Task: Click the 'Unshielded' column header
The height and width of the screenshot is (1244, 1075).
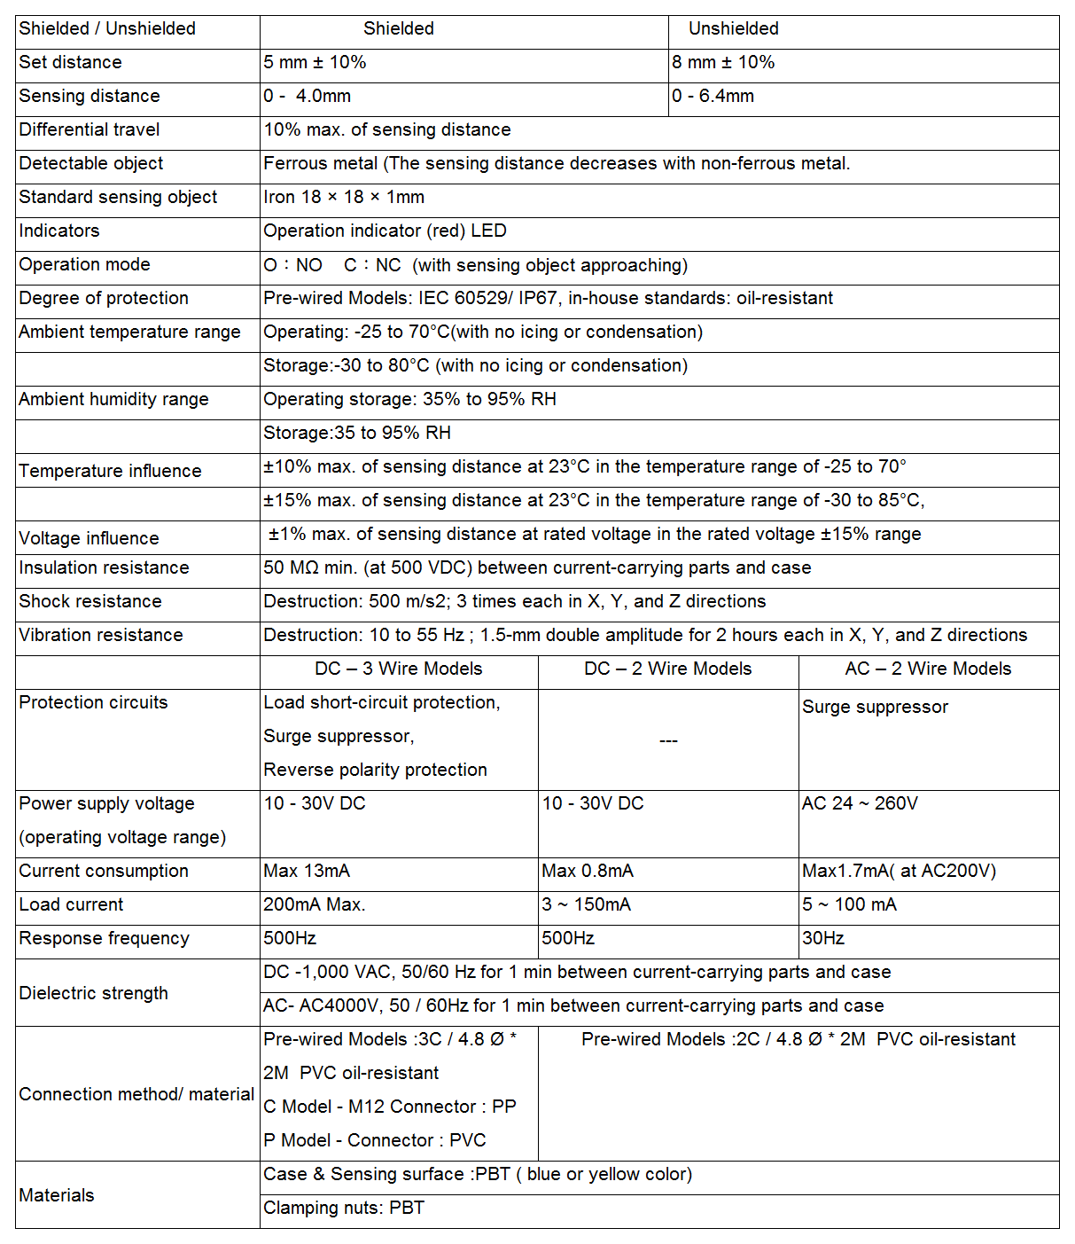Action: pyautogui.click(x=733, y=28)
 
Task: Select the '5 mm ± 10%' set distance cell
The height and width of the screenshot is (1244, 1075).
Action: pyautogui.click(x=315, y=62)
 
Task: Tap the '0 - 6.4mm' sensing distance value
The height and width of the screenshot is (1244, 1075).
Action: pyautogui.click(x=713, y=96)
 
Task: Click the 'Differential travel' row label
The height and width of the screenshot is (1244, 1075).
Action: pyautogui.click(x=90, y=129)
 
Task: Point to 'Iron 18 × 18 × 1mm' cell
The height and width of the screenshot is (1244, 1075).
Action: pyautogui.click(x=344, y=197)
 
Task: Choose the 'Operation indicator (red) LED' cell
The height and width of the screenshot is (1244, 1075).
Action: pyautogui.click(x=385, y=231)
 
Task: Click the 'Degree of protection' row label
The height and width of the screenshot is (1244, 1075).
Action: pyautogui.click(x=104, y=298)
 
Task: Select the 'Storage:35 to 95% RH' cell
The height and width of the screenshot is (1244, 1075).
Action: pyautogui.click(x=357, y=433)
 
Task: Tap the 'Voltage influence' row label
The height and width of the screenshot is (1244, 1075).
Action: pyautogui.click(x=89, y=538)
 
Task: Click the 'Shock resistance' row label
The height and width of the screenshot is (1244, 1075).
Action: pyautogui.click(x=90, y=601)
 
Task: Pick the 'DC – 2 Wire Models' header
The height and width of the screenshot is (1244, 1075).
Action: pyautogui.click(x=667, y=669)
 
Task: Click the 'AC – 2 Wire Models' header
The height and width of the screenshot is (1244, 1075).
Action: pyautogui.click(x=928, y=669)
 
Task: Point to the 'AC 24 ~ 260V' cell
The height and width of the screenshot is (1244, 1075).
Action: pyautogui.click(x=860, y=803)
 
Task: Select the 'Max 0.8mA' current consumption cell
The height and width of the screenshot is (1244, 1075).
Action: pyautogui.click(x=588, y=871)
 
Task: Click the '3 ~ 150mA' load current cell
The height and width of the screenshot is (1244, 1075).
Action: pyautogui.click(x=587, y=904)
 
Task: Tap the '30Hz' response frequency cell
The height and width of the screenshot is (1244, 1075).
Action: pyautogui.click(x=823, y=938)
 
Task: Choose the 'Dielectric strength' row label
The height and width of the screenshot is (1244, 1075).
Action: pyautogui.click(x=93, y=993)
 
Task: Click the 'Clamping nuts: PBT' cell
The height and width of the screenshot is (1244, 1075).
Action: pyautogui.click(x=344, y=1208)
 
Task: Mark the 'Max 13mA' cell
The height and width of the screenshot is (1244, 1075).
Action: pyautogui.click(x=307, y=871)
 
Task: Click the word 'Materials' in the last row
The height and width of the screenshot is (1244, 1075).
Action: pyautogui.click(x=57, y=1195)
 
